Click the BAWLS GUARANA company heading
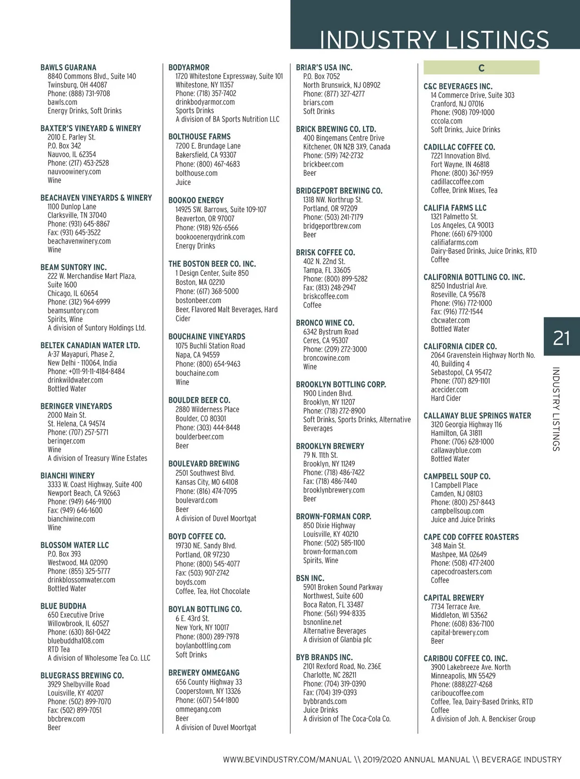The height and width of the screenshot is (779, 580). [x=68, y=68]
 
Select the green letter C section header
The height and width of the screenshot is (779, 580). [x=481, y=68]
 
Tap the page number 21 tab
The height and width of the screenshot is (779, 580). [x=561, y=338]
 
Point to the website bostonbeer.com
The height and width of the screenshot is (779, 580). [x=198, y=300]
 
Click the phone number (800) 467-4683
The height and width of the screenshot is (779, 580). [x=208, y=164]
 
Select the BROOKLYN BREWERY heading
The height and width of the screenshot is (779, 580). [x=330, y=446]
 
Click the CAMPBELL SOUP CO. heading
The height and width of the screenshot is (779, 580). [x=457, y=477]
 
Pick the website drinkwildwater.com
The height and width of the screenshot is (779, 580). [x=75, y=380]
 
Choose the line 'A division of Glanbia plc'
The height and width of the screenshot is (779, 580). [x=337, y=640]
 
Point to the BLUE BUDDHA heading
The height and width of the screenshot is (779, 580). [x=63, y=606]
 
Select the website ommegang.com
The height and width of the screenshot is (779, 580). [x=198, y=709]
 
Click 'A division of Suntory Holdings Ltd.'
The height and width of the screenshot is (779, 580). [x=97, y=328]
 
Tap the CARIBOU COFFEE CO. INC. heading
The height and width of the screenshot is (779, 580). [x=465, y=659]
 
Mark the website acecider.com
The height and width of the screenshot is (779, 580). [x=449, y=390]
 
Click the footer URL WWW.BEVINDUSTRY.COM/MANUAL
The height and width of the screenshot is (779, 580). [x=287, y=760]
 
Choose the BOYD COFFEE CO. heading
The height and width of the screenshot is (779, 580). [x=197, y=537]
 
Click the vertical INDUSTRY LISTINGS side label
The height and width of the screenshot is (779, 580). [x=556, y=409]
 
